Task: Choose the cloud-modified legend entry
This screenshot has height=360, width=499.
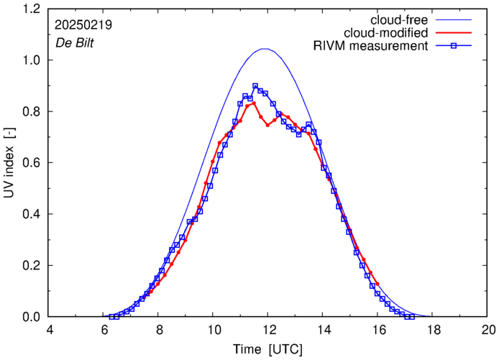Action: (x=386, y=33)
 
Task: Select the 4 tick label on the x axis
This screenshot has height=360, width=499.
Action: (x=50, y=330)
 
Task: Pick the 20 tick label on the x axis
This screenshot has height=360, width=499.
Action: (x=488, y=330)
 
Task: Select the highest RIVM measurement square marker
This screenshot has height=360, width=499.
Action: (x=255, y=86)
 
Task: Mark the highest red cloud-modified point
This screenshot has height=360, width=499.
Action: (x=255, y=103)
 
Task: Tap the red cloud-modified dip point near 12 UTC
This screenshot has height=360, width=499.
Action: (x=267, y=125)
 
